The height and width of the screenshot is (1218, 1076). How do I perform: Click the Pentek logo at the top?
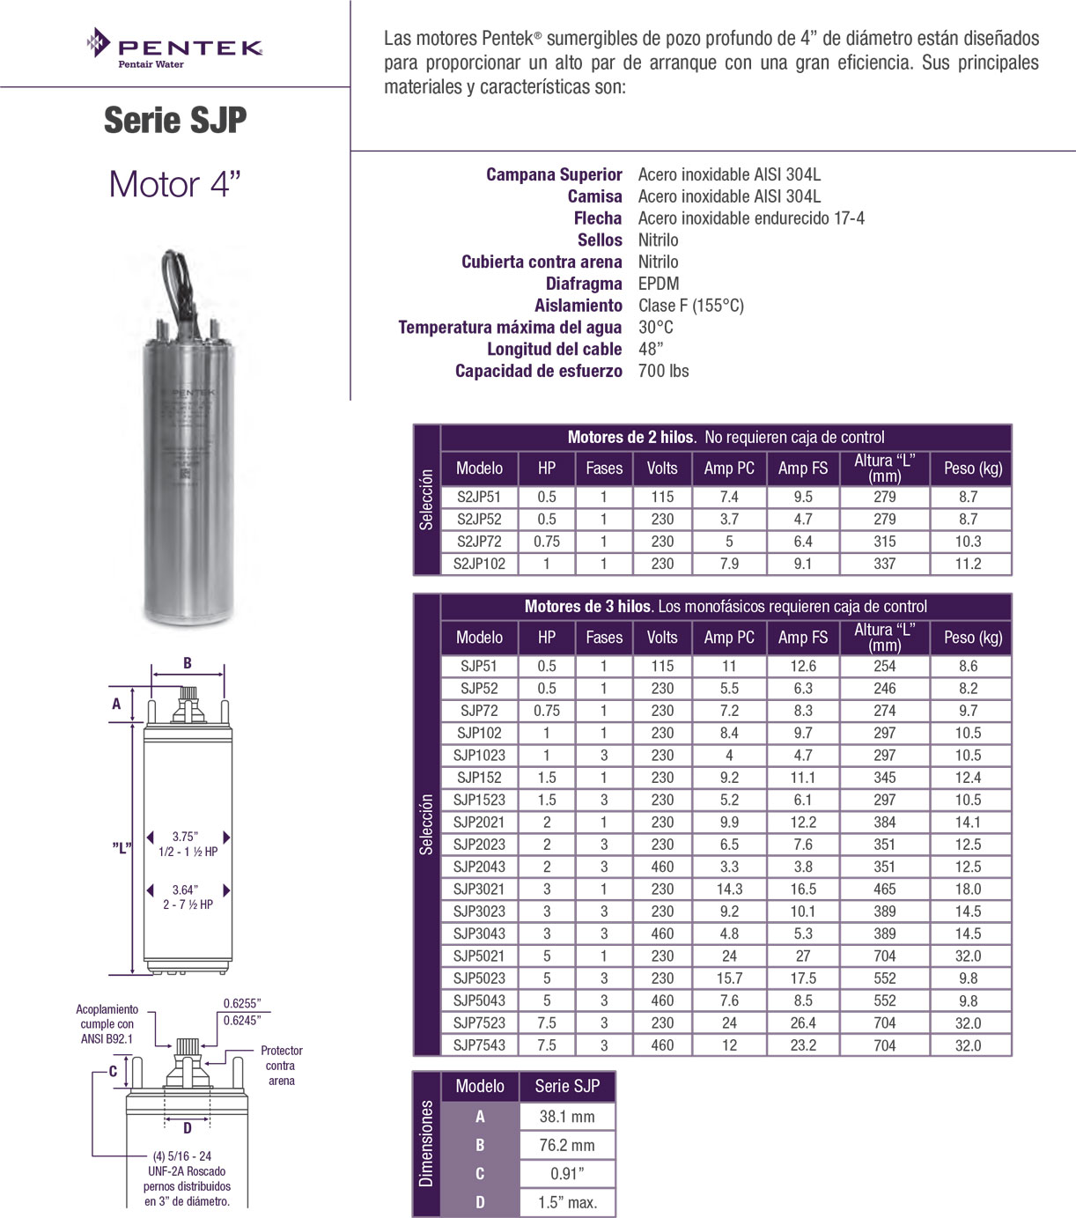point(175,48)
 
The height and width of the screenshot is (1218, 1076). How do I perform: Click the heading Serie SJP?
point(175,121)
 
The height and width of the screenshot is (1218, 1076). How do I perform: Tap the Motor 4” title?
point(174,185)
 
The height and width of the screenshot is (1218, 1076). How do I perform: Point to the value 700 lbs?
point(663,371)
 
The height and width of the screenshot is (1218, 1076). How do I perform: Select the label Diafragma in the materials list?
point(583,284)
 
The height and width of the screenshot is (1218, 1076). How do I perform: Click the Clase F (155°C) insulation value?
point(690,306)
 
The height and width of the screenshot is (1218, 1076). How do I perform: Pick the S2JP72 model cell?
point(479,542)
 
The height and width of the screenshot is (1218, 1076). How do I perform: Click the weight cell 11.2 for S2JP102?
point(968,564)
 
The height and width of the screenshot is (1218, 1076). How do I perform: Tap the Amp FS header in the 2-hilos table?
point(802,469)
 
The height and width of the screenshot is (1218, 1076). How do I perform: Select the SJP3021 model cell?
point(479,890)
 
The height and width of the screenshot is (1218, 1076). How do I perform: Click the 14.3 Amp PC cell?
point(729,890)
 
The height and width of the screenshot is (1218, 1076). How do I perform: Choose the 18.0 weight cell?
point(968,890)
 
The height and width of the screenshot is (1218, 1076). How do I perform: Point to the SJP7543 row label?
point(479,1045)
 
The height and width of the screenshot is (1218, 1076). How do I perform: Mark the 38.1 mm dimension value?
point(566,1117)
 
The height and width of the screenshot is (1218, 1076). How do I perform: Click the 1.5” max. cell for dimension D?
point(566,1202)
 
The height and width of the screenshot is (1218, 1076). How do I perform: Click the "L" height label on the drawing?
point(122,847)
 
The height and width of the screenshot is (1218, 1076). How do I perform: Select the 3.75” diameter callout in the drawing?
point(185,837)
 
